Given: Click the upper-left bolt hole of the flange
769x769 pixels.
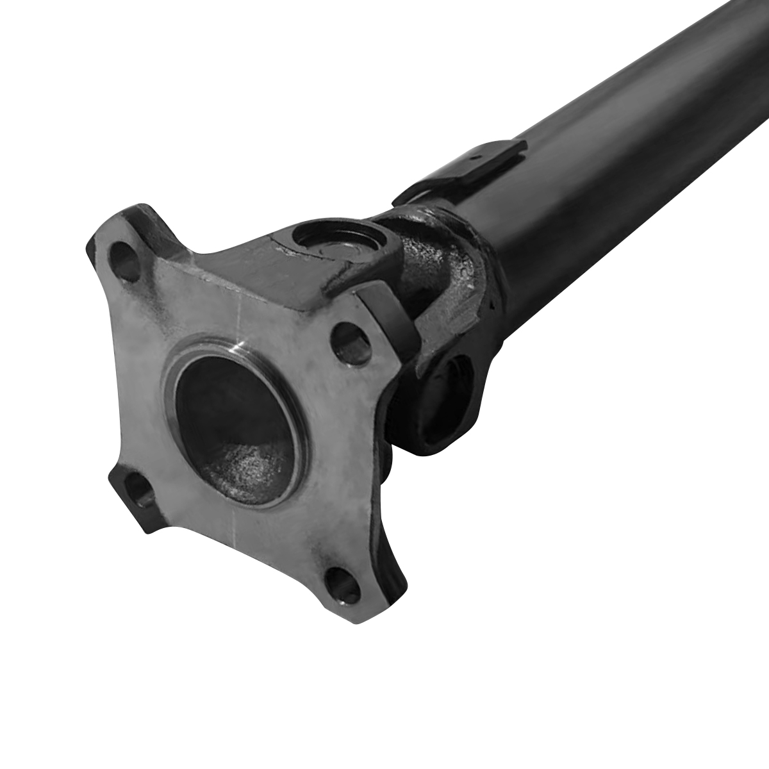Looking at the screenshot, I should click(x=126, y=260).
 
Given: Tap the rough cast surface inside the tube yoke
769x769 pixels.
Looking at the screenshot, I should click(x=442, y=256).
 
